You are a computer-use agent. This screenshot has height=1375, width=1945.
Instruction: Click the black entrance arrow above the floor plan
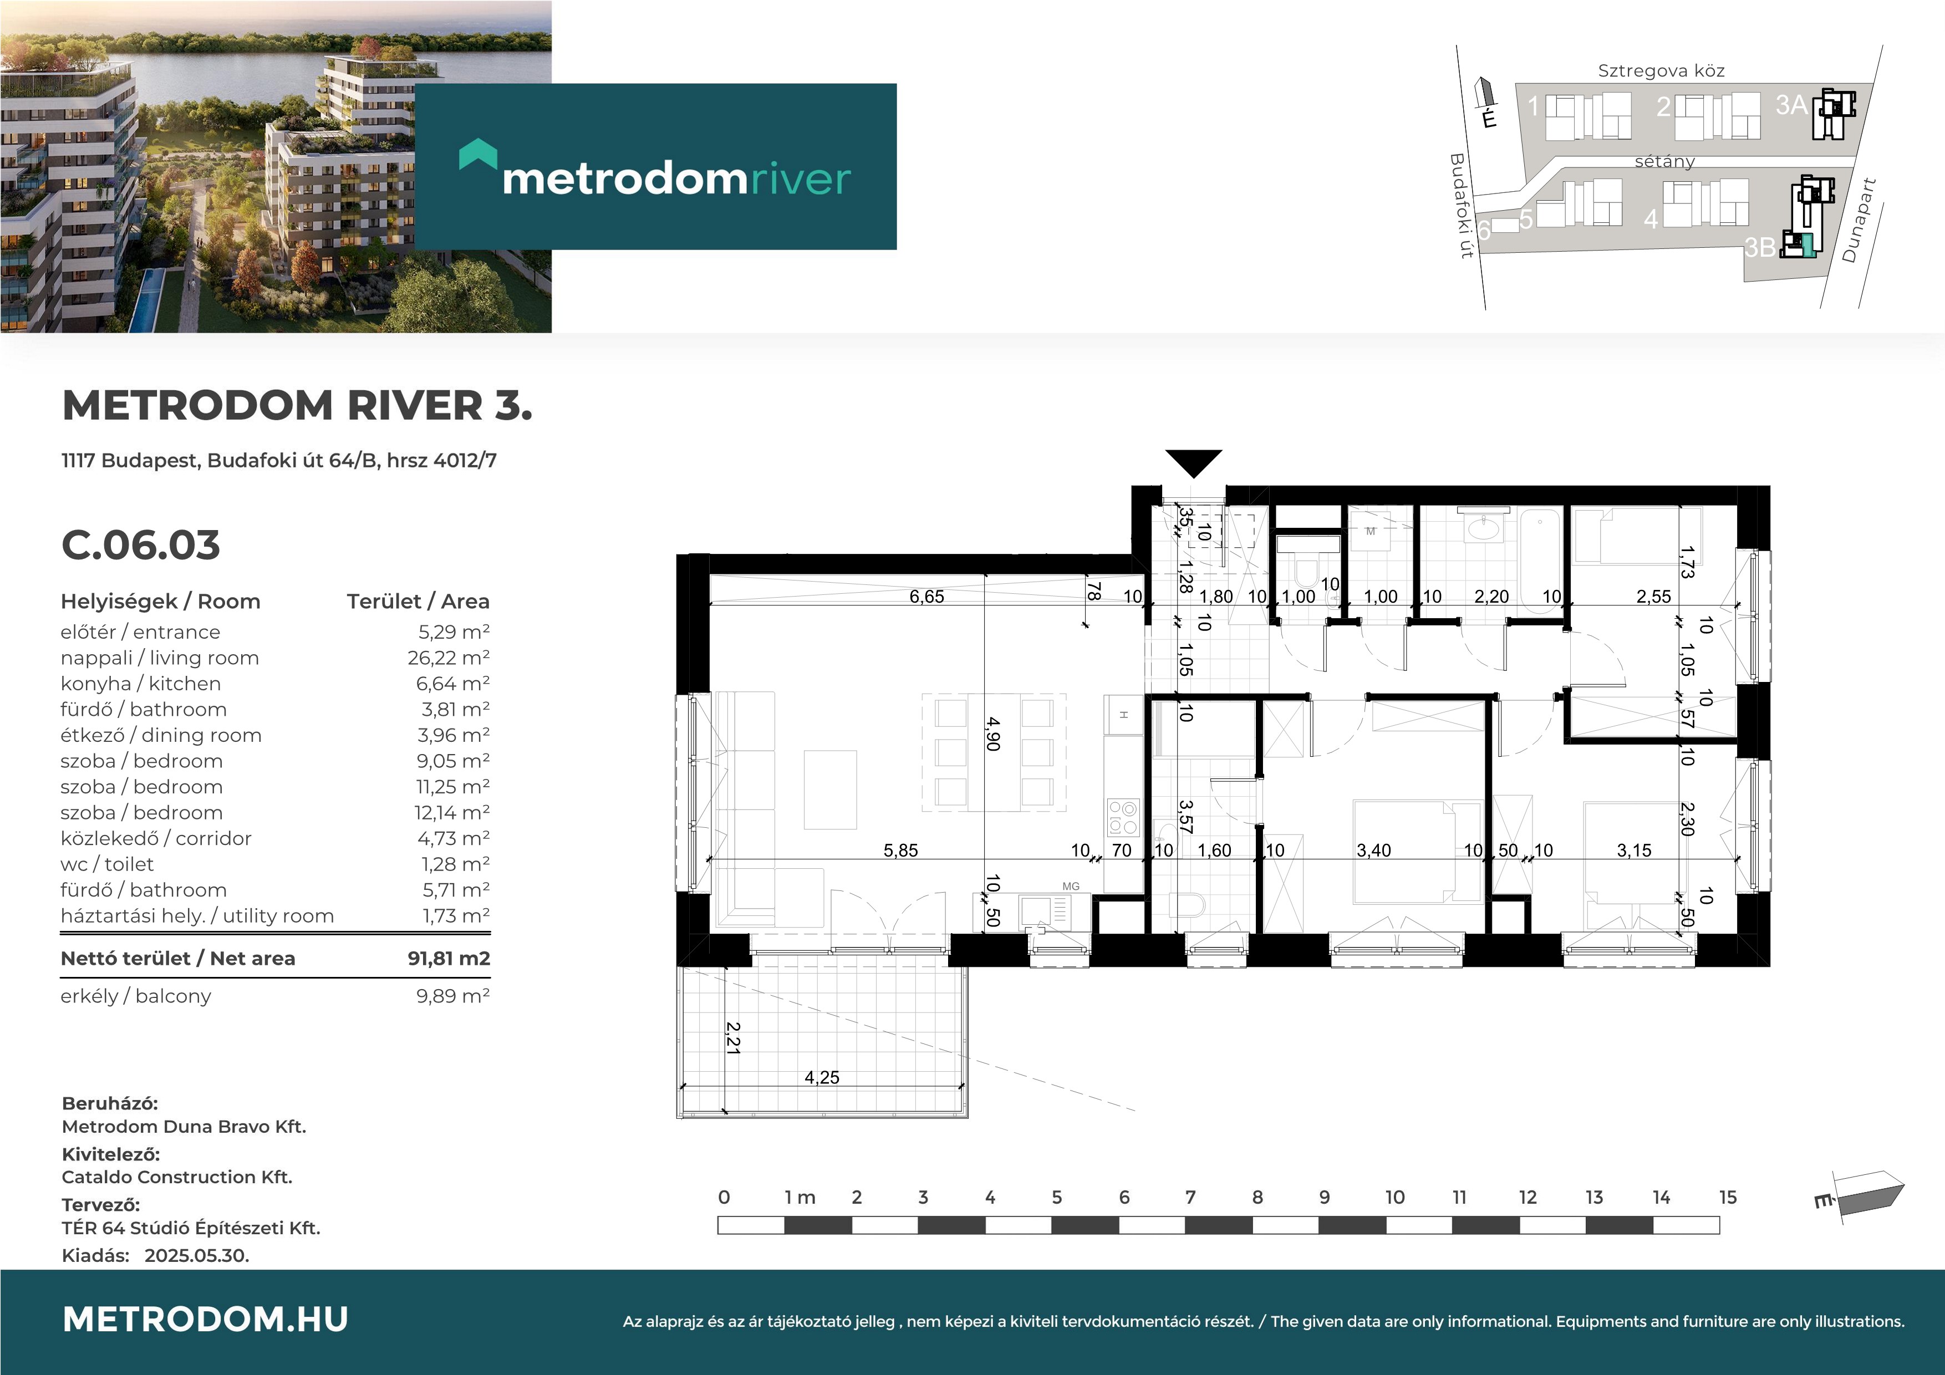tap(1194, 462)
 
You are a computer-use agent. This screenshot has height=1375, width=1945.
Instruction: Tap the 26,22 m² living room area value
tap(448, 658)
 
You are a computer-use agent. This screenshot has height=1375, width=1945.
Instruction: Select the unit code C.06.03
tap(141, 545)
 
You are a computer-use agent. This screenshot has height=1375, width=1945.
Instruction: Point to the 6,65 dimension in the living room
tap(926, 597)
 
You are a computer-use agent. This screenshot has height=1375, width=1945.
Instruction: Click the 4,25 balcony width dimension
tap(822, 1078)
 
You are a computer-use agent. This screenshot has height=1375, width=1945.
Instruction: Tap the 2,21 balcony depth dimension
tap(733, 1038)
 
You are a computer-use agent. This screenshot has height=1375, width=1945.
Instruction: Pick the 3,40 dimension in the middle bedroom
tap(1373, 851)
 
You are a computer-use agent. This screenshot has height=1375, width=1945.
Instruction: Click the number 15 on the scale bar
tap(1727, 1197)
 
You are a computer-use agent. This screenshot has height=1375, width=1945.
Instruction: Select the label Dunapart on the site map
tap(1860, 220)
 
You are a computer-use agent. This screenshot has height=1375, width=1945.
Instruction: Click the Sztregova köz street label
tap(1661, 71)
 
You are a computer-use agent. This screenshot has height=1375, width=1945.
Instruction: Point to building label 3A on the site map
tap(1791, 105)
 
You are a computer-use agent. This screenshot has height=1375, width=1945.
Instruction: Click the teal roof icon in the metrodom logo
tap(478, 154)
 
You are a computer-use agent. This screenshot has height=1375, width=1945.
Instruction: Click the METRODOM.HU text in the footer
tap(206, 1319)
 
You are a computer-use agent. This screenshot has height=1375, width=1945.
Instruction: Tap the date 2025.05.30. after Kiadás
tap(196, 1256)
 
